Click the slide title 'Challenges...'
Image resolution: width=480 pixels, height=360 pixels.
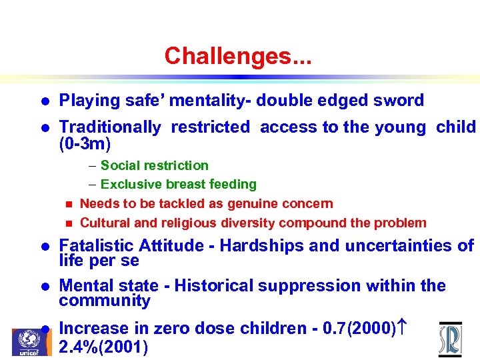pos(238,55)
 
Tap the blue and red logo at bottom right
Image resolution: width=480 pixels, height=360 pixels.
pos(450,339)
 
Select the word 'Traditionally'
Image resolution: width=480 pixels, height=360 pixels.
pos(110,127)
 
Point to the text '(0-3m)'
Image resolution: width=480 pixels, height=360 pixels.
pos(85,143)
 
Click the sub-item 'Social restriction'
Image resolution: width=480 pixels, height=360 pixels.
pos(154,165)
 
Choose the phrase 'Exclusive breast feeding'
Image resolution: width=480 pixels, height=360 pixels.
pos(178,184)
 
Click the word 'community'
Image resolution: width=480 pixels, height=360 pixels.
pos(104,301)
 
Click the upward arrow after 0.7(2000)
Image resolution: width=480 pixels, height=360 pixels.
pos(401,328)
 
